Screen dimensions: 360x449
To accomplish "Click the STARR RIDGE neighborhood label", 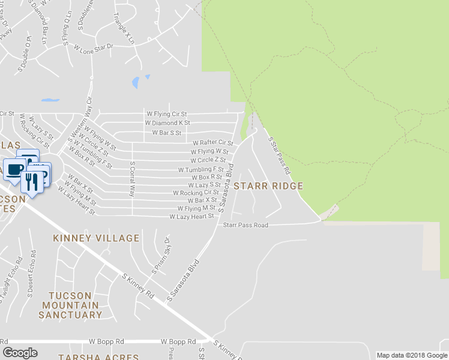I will click(268, 187).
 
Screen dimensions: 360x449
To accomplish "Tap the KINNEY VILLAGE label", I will click(96, 238).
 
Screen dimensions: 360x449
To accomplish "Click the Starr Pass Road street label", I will click(246, 226).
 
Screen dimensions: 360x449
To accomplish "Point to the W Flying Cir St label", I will click(167, 113).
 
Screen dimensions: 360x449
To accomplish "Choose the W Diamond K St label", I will click(167, 122).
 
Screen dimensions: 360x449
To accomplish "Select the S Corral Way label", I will click(132, 179).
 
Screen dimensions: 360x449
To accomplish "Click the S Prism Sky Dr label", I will click(161, 256).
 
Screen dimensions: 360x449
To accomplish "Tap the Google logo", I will click(20, 353).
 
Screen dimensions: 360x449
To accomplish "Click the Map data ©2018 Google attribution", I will click(412, 355).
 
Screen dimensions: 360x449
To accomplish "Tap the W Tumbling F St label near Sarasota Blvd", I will click(200, 170).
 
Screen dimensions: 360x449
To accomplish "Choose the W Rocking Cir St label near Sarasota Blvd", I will click(196, 193).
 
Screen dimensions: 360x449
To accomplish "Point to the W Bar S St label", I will click(166, 133).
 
